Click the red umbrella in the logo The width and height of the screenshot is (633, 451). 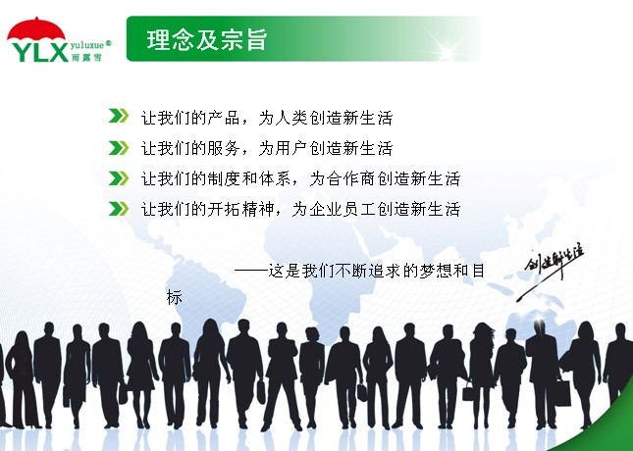pyautogui.click(x=36, y=29)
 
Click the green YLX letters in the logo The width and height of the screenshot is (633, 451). pyautogui.click(x=40, y=52)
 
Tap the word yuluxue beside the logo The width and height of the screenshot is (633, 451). pyautogui.click(x=87, y=45)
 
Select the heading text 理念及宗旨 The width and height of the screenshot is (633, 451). pyautogui.click(x=207, y=39)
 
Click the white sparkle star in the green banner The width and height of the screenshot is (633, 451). pyautogui.click(x=447, y=52)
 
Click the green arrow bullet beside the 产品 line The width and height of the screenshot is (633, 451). pyautogui.click(x=119, y=116)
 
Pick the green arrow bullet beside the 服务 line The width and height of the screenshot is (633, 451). pyautogui.click(x=119, y=148)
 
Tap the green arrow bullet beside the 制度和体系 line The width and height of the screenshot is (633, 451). pyautogui.click(x=119, y=177)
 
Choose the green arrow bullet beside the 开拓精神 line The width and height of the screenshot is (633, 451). pyautogui.click(x=119, y=209)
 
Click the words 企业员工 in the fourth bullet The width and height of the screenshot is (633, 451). pyautogui.click(x=343, y=209)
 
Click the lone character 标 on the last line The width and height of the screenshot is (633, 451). pyautogui.click(x=175, y=297)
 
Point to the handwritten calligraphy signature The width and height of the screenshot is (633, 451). pyautogui.click(x=551, y=270)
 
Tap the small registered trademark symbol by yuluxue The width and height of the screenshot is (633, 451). pyautogui.click(x=108, y=43)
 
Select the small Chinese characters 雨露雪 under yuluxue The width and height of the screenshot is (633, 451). pyautogui.click(x=86, y=57)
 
